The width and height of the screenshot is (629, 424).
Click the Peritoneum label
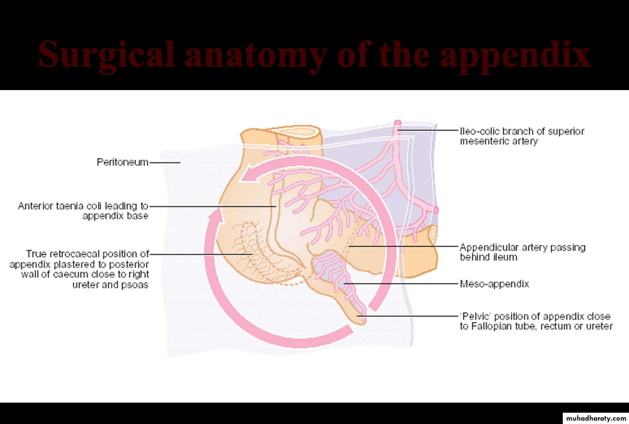coord(122,162)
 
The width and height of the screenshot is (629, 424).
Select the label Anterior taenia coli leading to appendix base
coord(83,211)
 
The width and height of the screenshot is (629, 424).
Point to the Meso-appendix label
coord(494,284)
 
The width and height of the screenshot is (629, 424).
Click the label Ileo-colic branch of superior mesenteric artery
coord(522,136)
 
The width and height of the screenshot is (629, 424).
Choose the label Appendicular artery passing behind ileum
coord(522,252)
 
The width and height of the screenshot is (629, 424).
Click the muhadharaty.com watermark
coord(596,418)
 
